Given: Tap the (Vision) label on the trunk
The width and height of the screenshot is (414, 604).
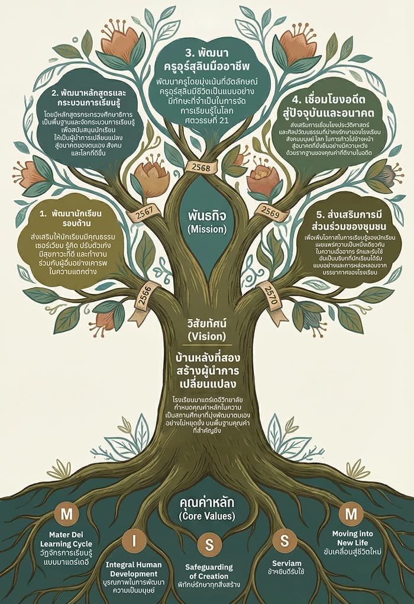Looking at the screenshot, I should coord(203,336).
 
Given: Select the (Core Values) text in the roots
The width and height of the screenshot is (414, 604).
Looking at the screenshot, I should coord(207,516).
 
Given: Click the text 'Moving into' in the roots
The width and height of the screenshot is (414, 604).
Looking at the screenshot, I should coord(353,534).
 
